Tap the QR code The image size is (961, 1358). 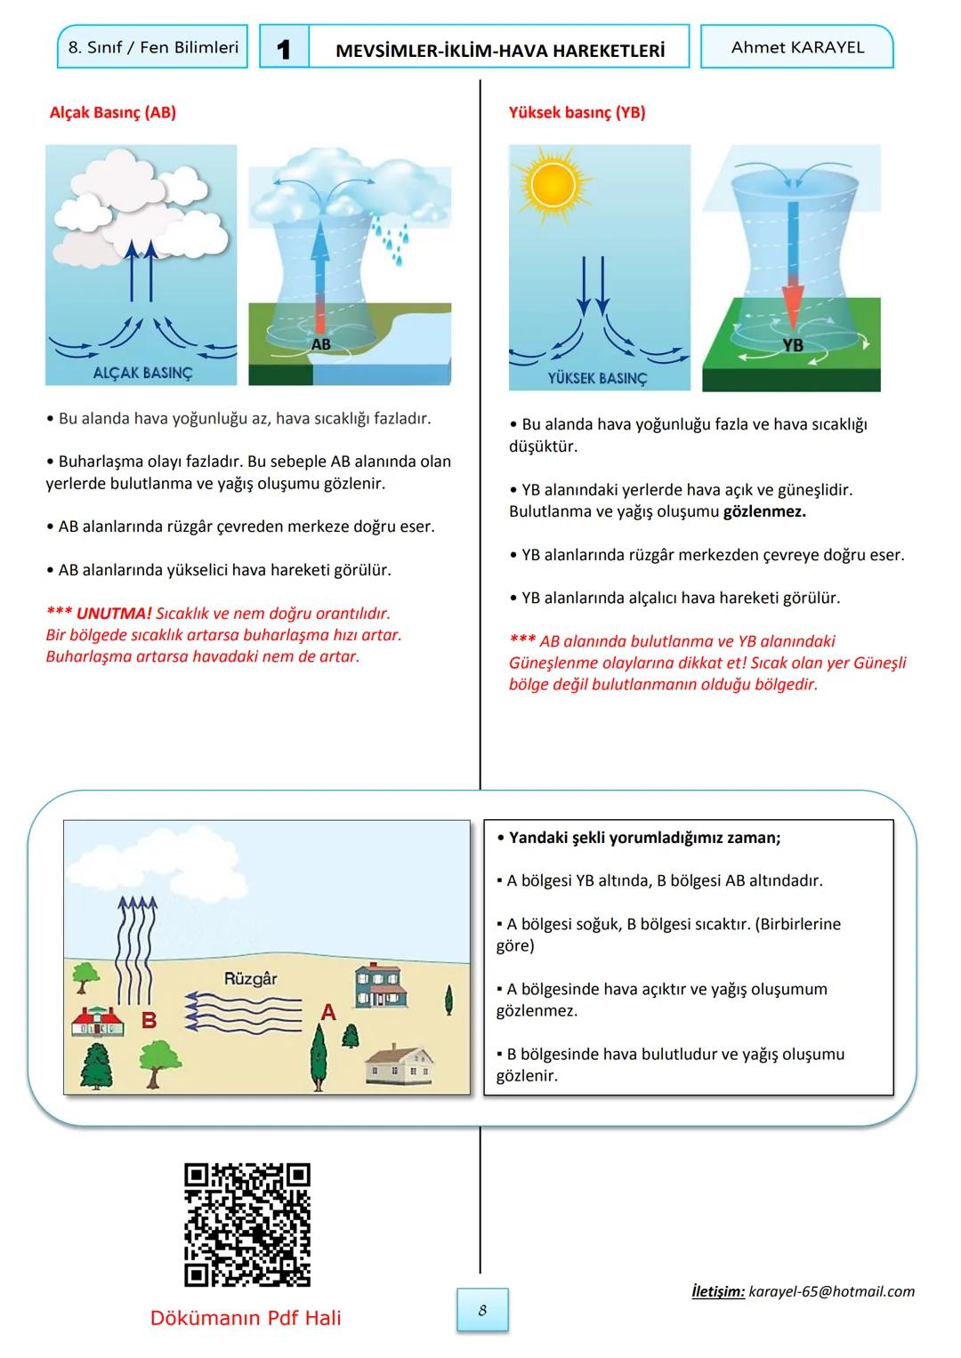point(247,1225)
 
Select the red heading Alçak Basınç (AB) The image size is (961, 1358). point(113,112)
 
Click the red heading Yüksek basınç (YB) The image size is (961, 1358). point(577,112)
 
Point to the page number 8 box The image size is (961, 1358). point(482,1310)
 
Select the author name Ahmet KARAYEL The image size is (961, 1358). point(797,47)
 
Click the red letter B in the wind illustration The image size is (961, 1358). point(149,1019)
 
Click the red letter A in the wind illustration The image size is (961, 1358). point(328,1012)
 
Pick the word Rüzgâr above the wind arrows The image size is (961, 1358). point(250,978)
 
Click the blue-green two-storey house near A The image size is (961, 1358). point(382,985)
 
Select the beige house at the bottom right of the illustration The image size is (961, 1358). point(400,1064)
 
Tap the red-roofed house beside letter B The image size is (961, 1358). point(98,1023)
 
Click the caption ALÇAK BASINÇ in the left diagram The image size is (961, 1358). point(142,373)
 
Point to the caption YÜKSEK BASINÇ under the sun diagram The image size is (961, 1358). point(597,378)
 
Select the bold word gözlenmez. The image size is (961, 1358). point(764,511)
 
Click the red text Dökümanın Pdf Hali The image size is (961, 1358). point(246,1318)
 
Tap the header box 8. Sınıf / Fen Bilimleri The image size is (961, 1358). point(153,47)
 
